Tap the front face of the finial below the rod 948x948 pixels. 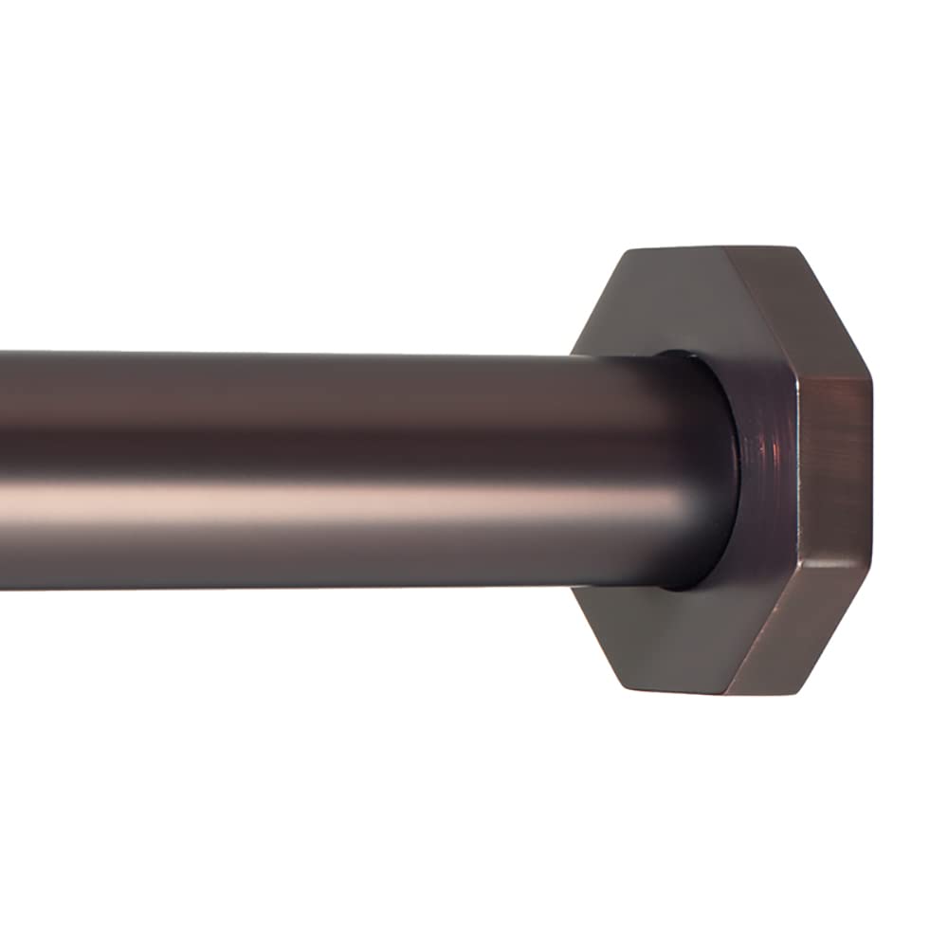coord(664,635)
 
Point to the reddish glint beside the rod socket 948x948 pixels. coord(758,446)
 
